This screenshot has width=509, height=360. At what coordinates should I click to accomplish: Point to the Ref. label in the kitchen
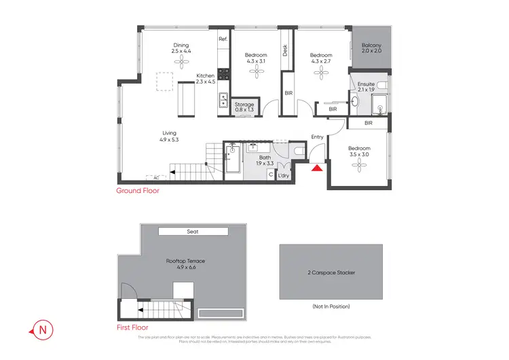[223, 39]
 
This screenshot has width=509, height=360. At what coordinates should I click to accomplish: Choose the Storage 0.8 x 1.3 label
[244, 107]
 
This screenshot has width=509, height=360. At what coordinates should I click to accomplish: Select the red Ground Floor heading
[138, 192]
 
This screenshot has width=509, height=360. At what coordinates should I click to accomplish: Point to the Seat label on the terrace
[193, 232]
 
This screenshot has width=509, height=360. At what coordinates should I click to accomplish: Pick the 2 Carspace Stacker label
[331, 272]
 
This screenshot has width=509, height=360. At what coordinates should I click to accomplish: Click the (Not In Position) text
[331, 306]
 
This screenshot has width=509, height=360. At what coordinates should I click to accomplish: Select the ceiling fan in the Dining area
[182, 62]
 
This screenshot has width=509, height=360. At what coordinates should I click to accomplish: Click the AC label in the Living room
[155, 178]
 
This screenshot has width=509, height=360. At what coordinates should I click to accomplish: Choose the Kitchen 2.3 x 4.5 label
[205, 79]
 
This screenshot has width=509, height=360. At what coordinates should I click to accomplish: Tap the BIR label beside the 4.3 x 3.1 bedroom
[288, 92]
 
